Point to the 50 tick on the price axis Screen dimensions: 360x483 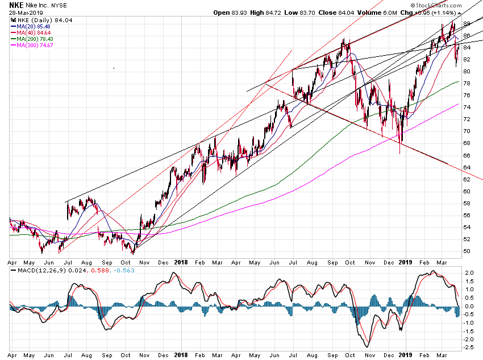(x=467, y=251)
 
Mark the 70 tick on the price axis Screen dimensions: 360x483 (x=467, y=131)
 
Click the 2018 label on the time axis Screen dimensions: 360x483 (x=181, y=263)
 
